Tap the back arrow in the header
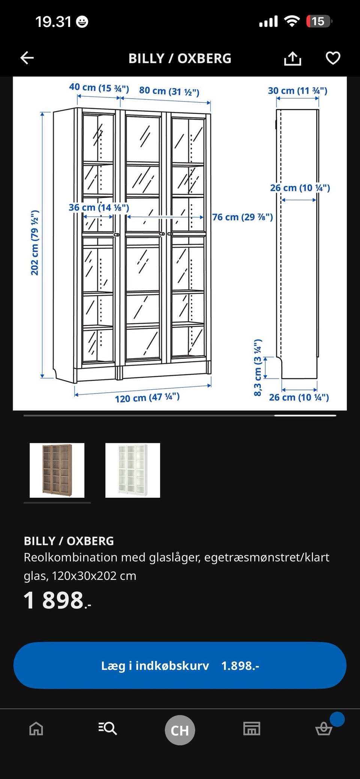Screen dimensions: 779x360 [27, 58]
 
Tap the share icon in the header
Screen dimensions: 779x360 [292, 59]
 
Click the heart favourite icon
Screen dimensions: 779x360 [333, 58]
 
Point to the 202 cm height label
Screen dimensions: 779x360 [34, 243]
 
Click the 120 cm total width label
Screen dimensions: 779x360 [147, 398]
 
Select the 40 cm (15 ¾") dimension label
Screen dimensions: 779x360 [99, 88]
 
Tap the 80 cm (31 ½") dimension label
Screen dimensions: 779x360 [169, 91]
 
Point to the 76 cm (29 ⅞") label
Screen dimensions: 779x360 [243, 217]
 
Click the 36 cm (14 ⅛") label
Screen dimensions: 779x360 [99, 207]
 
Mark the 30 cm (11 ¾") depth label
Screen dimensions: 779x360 [297, 91]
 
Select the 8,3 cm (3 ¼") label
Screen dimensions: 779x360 [258, 368]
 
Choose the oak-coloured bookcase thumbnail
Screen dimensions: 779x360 [57, 470]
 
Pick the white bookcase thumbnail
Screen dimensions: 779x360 [133, 470]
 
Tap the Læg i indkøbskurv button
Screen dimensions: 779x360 [180, 665]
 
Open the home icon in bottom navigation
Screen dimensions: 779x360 [36, 729]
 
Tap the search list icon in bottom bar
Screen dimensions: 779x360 [108, 729]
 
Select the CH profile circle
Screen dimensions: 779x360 [180, 730]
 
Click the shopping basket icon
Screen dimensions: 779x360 [324, 729]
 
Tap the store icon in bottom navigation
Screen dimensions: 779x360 [252, 729]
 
